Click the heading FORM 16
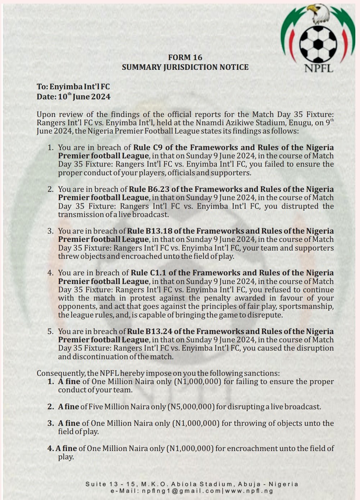185,58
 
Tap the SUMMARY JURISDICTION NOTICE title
185,67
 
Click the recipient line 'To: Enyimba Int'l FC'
73,87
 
